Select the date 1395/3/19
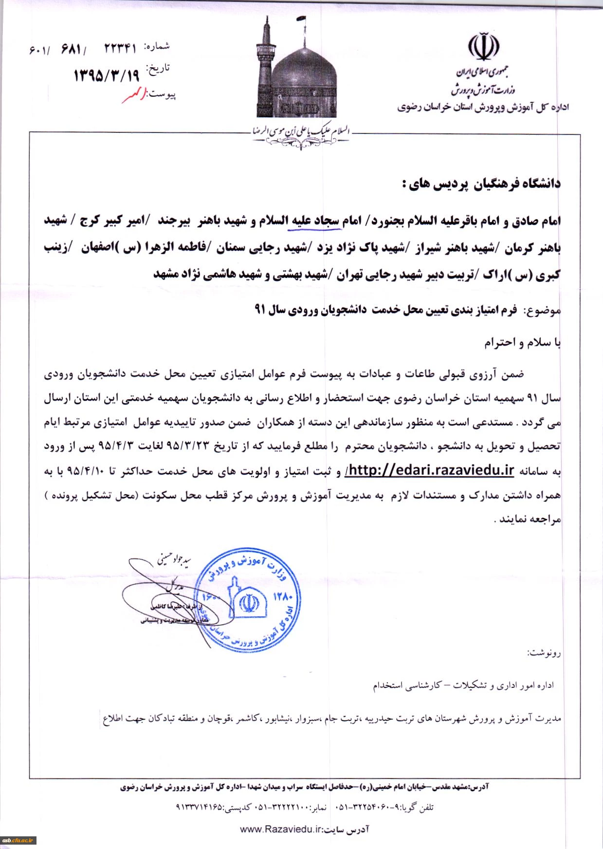[x=106, y=75]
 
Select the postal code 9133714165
[x=199, y=807]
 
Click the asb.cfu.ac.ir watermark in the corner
[x=19, y=840]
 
